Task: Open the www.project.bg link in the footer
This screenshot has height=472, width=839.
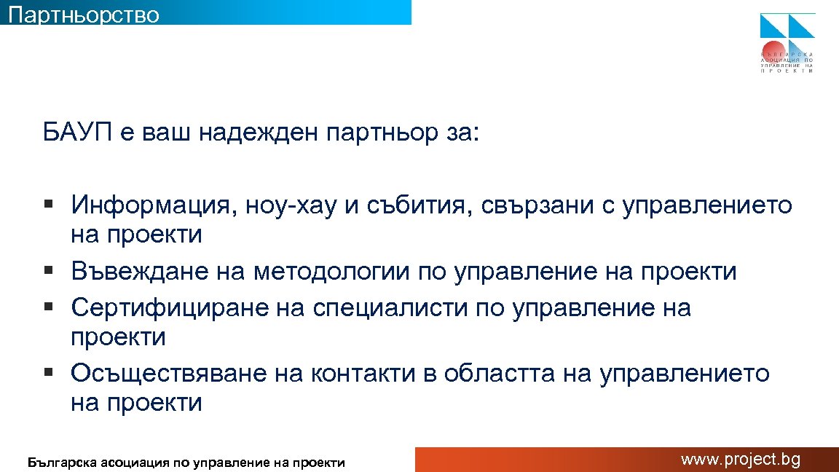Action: (740, 460)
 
